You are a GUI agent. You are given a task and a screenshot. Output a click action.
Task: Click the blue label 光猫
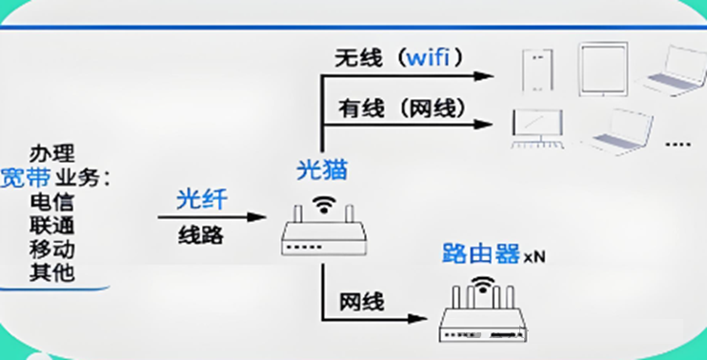322,170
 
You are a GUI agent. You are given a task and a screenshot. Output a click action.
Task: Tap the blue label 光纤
202,200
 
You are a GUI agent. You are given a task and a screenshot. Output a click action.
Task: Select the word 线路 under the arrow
201,234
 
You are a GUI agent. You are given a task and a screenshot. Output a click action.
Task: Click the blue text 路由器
481,253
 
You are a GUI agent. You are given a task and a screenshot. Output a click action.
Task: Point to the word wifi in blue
429,58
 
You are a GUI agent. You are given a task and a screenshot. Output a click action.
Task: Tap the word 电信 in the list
51,202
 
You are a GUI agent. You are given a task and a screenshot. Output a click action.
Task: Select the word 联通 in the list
51,226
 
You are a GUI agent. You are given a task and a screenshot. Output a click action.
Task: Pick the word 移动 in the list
51,249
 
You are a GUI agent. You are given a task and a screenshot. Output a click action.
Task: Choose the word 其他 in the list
51,272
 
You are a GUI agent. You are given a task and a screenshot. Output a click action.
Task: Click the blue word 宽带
25,178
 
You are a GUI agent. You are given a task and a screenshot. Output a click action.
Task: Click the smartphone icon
537,70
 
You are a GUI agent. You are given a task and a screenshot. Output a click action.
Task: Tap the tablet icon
603,69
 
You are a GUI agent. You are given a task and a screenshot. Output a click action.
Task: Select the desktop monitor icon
537,129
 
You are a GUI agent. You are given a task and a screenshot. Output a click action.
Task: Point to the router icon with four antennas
483,310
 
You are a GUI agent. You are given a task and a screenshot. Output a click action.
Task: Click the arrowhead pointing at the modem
257,217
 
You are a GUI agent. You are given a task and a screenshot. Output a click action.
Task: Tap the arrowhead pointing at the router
417,318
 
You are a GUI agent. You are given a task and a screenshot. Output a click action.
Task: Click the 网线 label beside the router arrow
362,302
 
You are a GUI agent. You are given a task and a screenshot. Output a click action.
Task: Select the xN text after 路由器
535,257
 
